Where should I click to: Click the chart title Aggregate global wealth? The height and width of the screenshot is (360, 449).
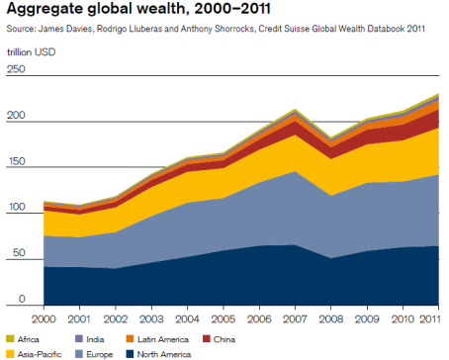(x=118, y=10)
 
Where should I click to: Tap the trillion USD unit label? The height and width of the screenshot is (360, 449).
(x=31, y=50)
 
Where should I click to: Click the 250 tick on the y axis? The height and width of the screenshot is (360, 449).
(x=16, y=69)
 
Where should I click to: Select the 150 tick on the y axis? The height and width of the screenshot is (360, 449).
(x=16, y=162)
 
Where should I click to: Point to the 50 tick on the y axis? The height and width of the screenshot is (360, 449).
(x=14, y=254)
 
